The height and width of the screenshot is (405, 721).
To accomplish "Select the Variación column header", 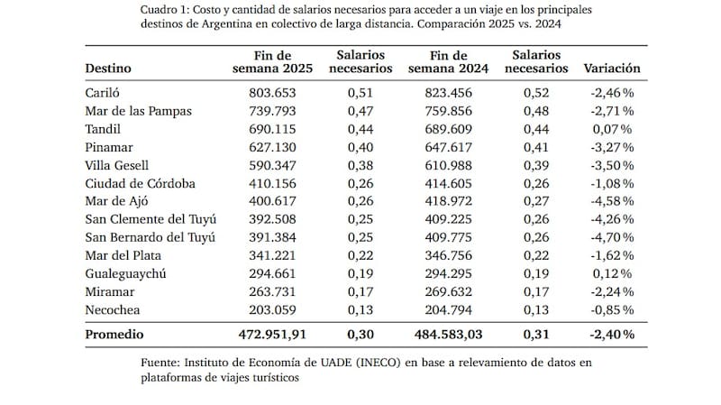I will (612, 68).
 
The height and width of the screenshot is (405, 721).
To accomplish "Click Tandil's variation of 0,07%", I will (616, 129).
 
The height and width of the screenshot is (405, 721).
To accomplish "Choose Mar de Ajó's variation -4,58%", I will (613, 201).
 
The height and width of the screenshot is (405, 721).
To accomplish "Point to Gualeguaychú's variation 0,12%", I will (616, 273).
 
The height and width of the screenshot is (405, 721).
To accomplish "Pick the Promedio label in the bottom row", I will (115, 334).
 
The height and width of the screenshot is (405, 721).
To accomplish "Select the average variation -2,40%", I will (612, 334).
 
